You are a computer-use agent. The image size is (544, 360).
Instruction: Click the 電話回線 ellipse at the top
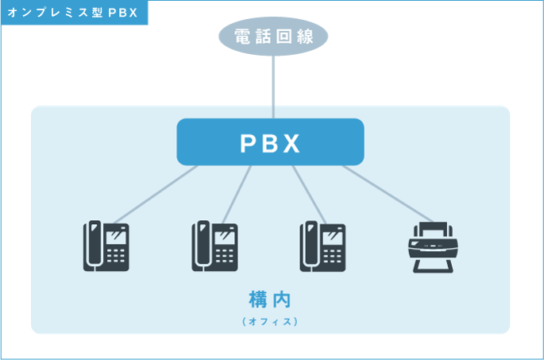(x=272, y=36)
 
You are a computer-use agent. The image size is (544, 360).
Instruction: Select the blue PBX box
(x=270, y=142)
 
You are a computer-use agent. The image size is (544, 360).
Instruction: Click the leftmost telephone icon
(x=106, y=246)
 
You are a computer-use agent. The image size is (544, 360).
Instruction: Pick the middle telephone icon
(x=214, y=246)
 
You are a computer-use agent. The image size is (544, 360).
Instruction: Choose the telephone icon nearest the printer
(x=322, y=246)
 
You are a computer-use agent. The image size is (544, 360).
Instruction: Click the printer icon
(x=431, y=246)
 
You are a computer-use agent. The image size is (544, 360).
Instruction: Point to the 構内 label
(x=270, y=300)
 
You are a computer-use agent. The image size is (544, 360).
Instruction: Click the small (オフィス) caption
(x=270, y=322)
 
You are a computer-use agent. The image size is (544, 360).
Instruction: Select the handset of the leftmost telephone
(x=91, y=246)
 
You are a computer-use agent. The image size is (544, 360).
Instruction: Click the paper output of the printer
(x=431, y=263)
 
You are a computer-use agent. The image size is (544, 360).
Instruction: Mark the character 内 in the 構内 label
(x=282, y=300)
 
